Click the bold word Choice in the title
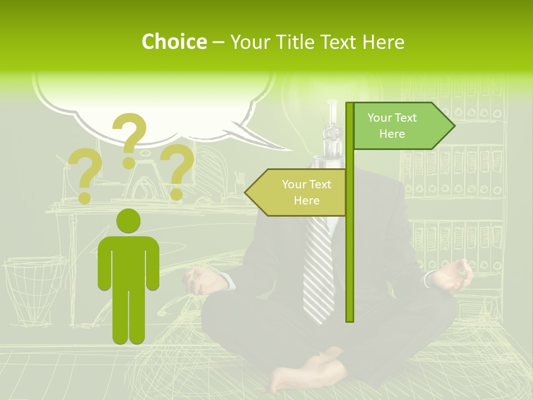[174, 42]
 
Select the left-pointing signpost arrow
[297, 192]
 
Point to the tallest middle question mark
[130, 139]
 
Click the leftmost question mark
[85, 176]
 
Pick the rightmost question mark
[177, 171]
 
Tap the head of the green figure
[128, 221]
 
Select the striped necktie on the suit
[319, 267]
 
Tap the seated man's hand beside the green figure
[203, 281]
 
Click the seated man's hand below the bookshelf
[455, 275]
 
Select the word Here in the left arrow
[306, 201]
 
